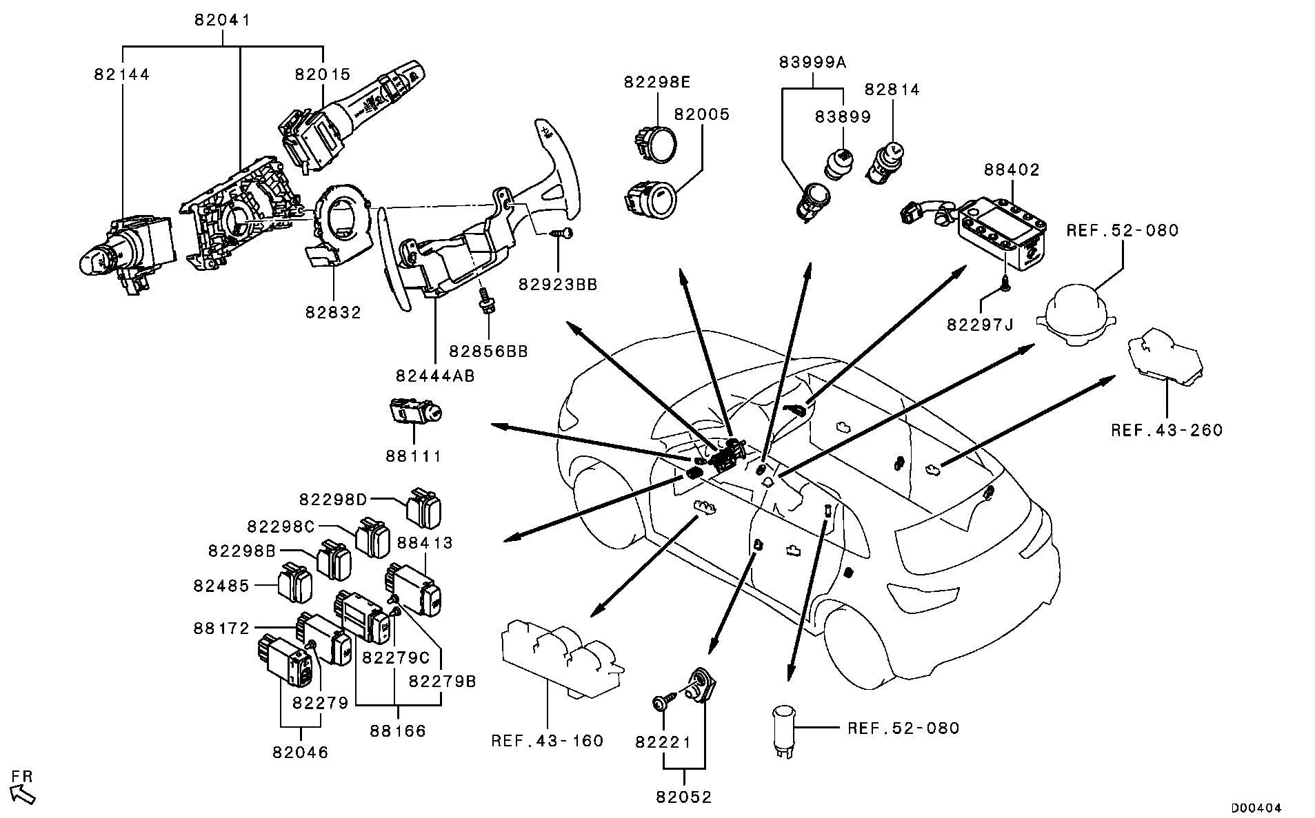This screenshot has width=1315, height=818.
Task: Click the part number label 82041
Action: tap(222, 21)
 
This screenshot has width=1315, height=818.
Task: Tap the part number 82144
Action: tap(122, 74)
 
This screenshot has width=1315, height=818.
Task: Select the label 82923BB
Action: tap(558, 284)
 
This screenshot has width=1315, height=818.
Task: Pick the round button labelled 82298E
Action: tap(656, 143)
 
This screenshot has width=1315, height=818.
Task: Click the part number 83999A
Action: tap(812, 62)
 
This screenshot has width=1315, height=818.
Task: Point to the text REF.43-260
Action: tap(1167, 431)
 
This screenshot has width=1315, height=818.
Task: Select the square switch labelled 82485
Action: tap(294, 584)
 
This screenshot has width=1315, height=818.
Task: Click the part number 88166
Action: tap(398, 730)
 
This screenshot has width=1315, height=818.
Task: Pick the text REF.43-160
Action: tap(548, 741)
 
